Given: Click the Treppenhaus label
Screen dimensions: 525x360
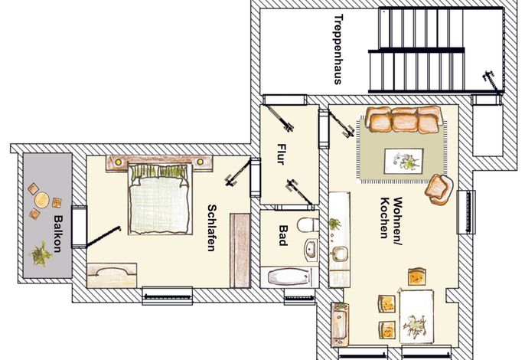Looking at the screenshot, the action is [338, 49].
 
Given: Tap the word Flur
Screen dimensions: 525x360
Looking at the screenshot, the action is [281, 154].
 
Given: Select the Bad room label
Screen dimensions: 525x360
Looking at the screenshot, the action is [283, 235].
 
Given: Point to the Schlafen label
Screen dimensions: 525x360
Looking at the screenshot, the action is [211, 227].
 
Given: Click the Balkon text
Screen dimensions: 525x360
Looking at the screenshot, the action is [58, 234].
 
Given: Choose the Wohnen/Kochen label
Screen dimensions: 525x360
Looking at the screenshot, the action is [391, 218].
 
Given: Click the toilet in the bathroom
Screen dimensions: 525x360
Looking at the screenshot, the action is [308, 224].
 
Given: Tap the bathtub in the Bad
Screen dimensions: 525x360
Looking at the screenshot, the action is [289, 277].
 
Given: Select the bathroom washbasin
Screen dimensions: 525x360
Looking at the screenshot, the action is [311, 249].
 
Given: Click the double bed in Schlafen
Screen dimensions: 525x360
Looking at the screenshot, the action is [160, 198].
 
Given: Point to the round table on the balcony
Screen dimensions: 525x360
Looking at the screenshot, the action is [42, 200].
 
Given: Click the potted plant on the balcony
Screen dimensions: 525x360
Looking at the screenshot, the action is [41, 254].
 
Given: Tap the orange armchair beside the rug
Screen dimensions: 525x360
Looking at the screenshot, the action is [439, 189].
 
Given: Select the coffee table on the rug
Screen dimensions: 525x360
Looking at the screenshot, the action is [404, 161].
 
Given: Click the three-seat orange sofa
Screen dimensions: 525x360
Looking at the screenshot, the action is [404, 119].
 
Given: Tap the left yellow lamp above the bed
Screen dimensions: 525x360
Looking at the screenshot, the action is [118, 162].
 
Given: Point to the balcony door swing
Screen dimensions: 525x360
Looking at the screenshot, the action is [103, 237].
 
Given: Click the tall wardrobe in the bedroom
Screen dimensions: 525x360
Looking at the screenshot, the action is [240, 250].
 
